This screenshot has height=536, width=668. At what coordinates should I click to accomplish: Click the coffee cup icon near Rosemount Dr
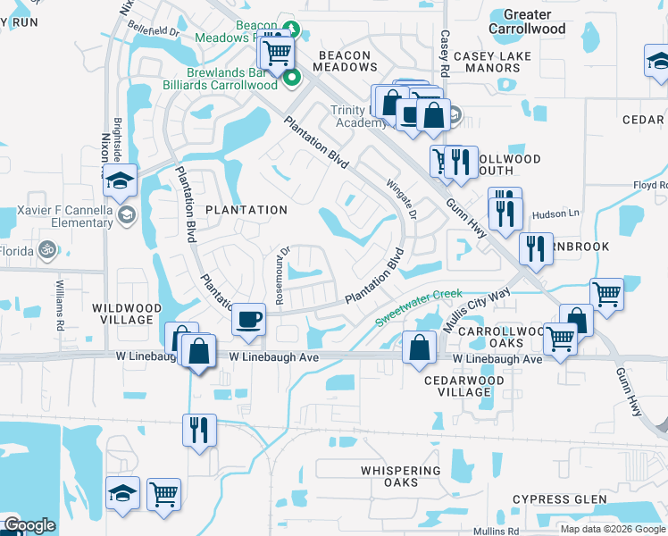(248, 318)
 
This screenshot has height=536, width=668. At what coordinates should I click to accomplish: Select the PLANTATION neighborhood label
(246, 210)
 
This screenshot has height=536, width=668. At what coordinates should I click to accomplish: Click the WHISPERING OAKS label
(401, 476)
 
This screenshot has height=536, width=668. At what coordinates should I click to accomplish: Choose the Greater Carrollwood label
(527, 21)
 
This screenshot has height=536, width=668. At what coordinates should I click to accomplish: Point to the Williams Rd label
(60, 305)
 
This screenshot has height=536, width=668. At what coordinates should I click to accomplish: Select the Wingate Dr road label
(401, 199)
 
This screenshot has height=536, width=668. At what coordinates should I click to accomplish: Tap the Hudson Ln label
(555, 214)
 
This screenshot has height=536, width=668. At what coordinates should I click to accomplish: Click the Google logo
(29, 525)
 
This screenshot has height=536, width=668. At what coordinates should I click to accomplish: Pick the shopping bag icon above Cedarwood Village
(419, 348)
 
